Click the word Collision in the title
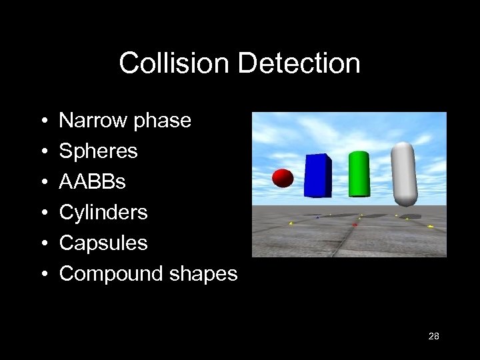[x=175, y=63]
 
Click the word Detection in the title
[x=299, y=63]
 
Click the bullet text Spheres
[x=98, y=151]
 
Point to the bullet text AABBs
[x=92, y=182]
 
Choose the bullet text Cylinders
[x=103, y=213]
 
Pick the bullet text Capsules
[x=103, y=243]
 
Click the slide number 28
[x=433, y=337]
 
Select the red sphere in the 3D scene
[x=283, y=178]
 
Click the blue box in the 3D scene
[x=318, y=175]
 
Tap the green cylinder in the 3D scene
[x=359, y=174]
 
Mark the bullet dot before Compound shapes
[x=42, y=275]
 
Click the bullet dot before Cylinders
[x=42, y=213]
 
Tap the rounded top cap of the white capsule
[x=403, y=150]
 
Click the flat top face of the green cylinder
[x=359, y=154]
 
